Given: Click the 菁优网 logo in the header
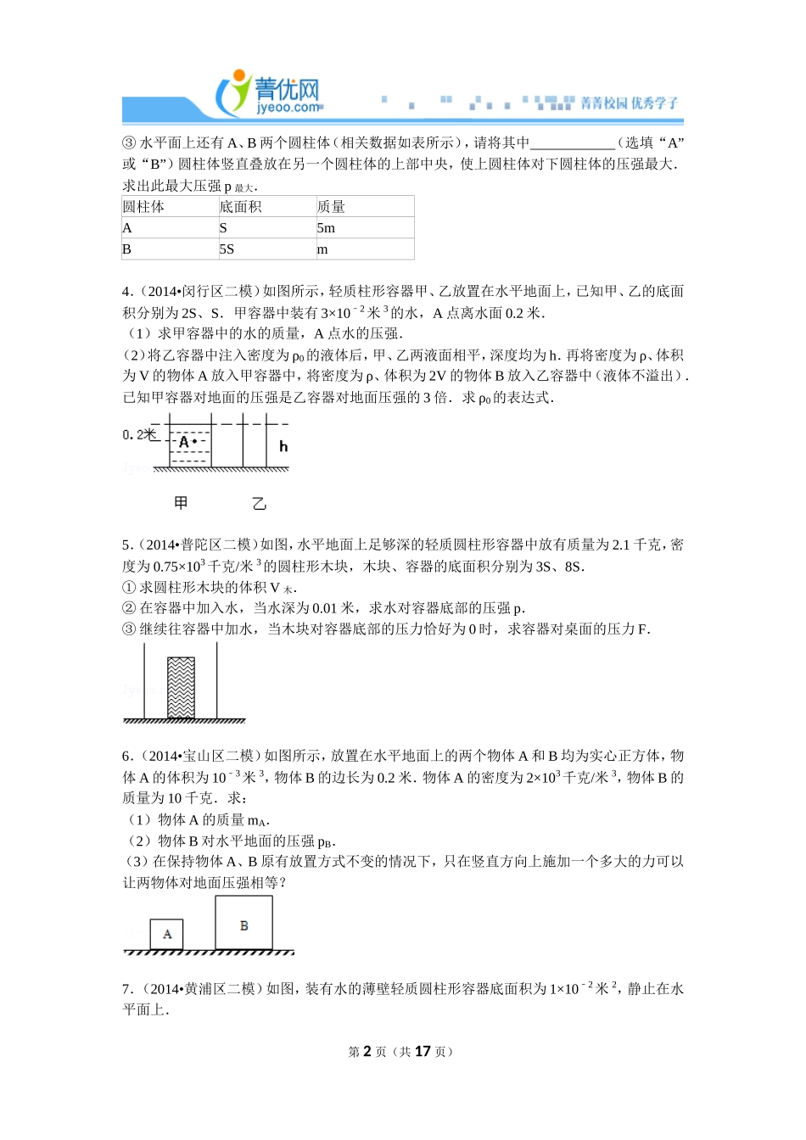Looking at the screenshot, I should coord(270,92).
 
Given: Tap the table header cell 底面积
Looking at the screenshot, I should coord(240,207).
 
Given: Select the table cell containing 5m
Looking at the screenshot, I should coord(327,228).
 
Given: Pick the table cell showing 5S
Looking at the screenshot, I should coord(227,249).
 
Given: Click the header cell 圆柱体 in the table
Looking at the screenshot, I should coord(143,207).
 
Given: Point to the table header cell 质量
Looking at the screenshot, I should coord(331,207).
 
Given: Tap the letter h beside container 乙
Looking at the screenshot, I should coord(283,446).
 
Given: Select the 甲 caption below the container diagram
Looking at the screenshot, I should coord(181,503).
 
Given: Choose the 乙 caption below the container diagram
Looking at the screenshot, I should coord(260,504).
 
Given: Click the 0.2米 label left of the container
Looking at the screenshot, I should coord(140,435).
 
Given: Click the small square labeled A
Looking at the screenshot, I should coord(167,934).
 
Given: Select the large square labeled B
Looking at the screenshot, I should coord(244,925).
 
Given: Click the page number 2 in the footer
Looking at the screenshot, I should coord(367,1052).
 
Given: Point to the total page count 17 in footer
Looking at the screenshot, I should coord(423,1052).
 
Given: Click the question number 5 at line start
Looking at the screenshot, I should coord(126,545).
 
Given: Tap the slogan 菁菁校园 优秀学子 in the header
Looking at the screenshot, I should coord(630,103).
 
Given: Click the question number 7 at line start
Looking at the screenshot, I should coord(126,989).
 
